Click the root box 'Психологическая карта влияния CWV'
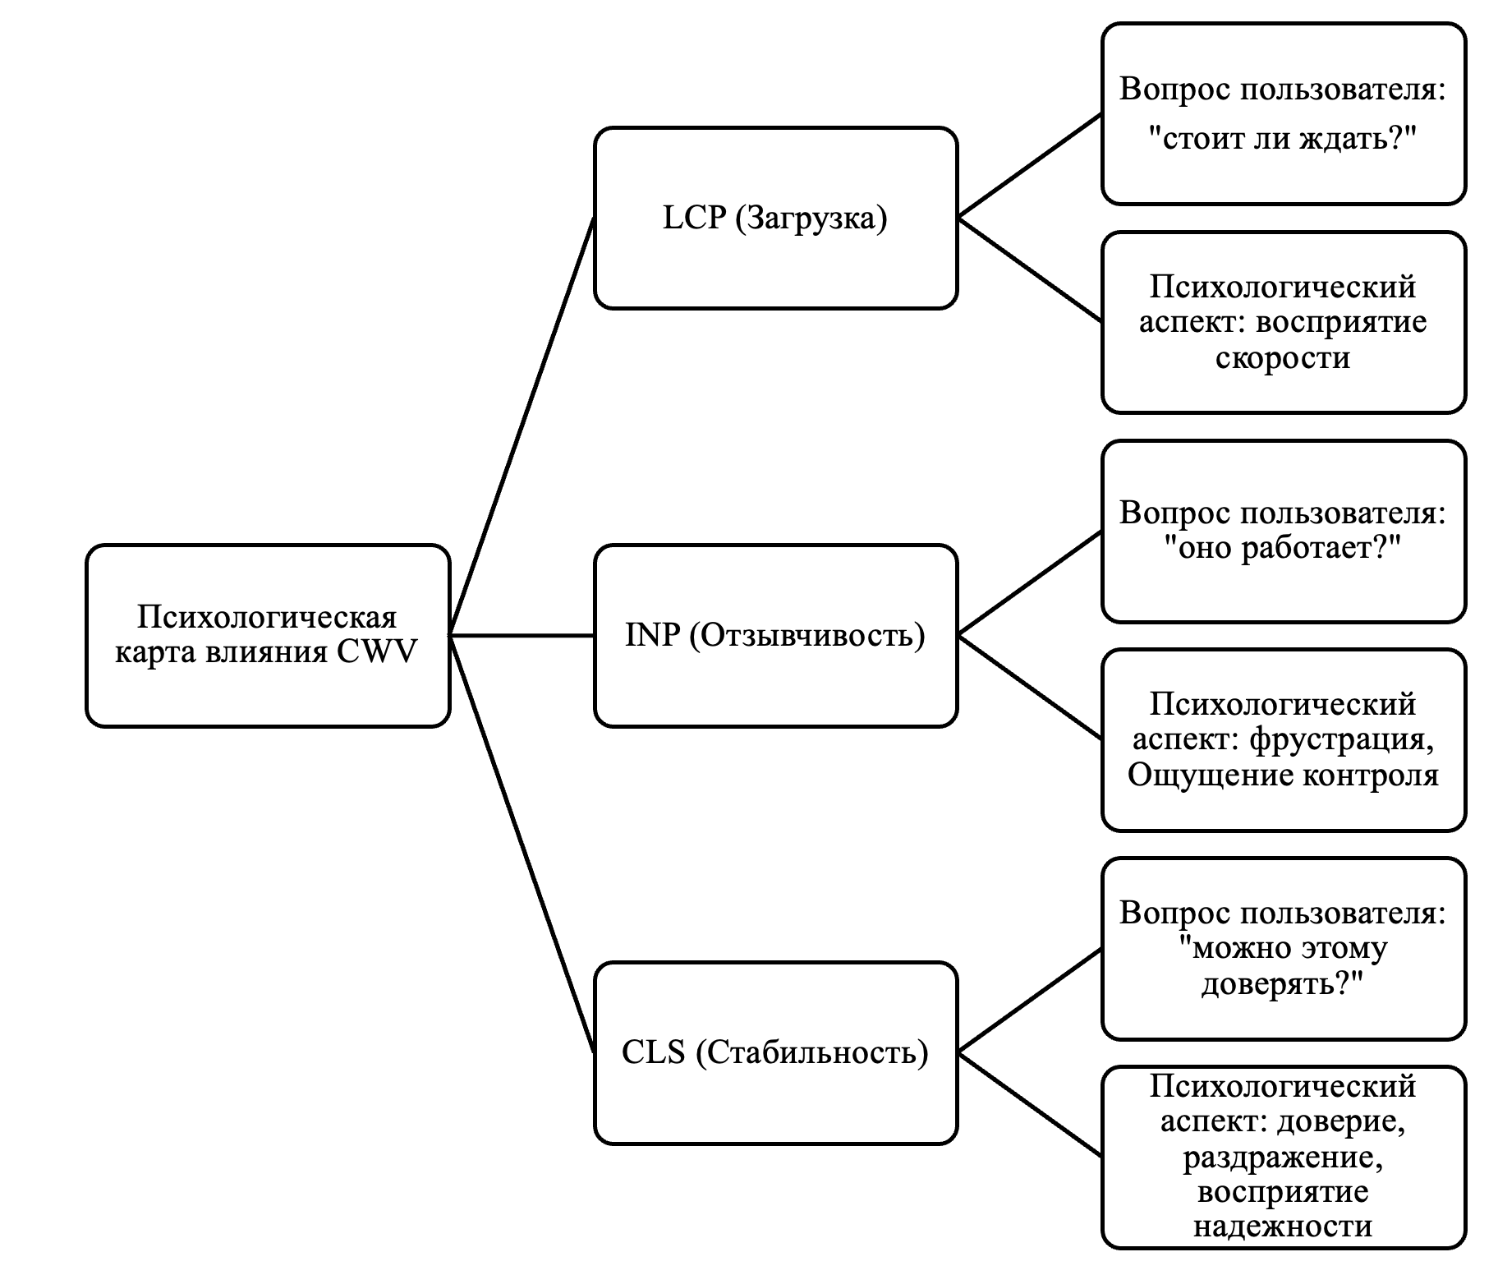[268, 635]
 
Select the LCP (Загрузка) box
[775, 219]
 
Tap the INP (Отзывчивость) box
[775, 635]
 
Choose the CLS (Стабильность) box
[775, 1052]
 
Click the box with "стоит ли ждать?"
[1283, 114]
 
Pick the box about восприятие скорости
[1283, 322]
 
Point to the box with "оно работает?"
[1283, 531]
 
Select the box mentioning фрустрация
[1283, 739]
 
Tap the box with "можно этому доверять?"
[1283, 948]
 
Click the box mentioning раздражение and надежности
[1283, 1157]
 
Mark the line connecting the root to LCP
[522, 426]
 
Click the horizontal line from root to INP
[522, 635]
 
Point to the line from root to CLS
[522, 844]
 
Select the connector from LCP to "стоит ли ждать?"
[1030, 167]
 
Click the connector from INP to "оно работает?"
[1030, 583]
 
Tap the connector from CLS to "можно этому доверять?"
[1030, 1001]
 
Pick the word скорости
[1283, 358]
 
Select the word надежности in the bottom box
[1283, 1227]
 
